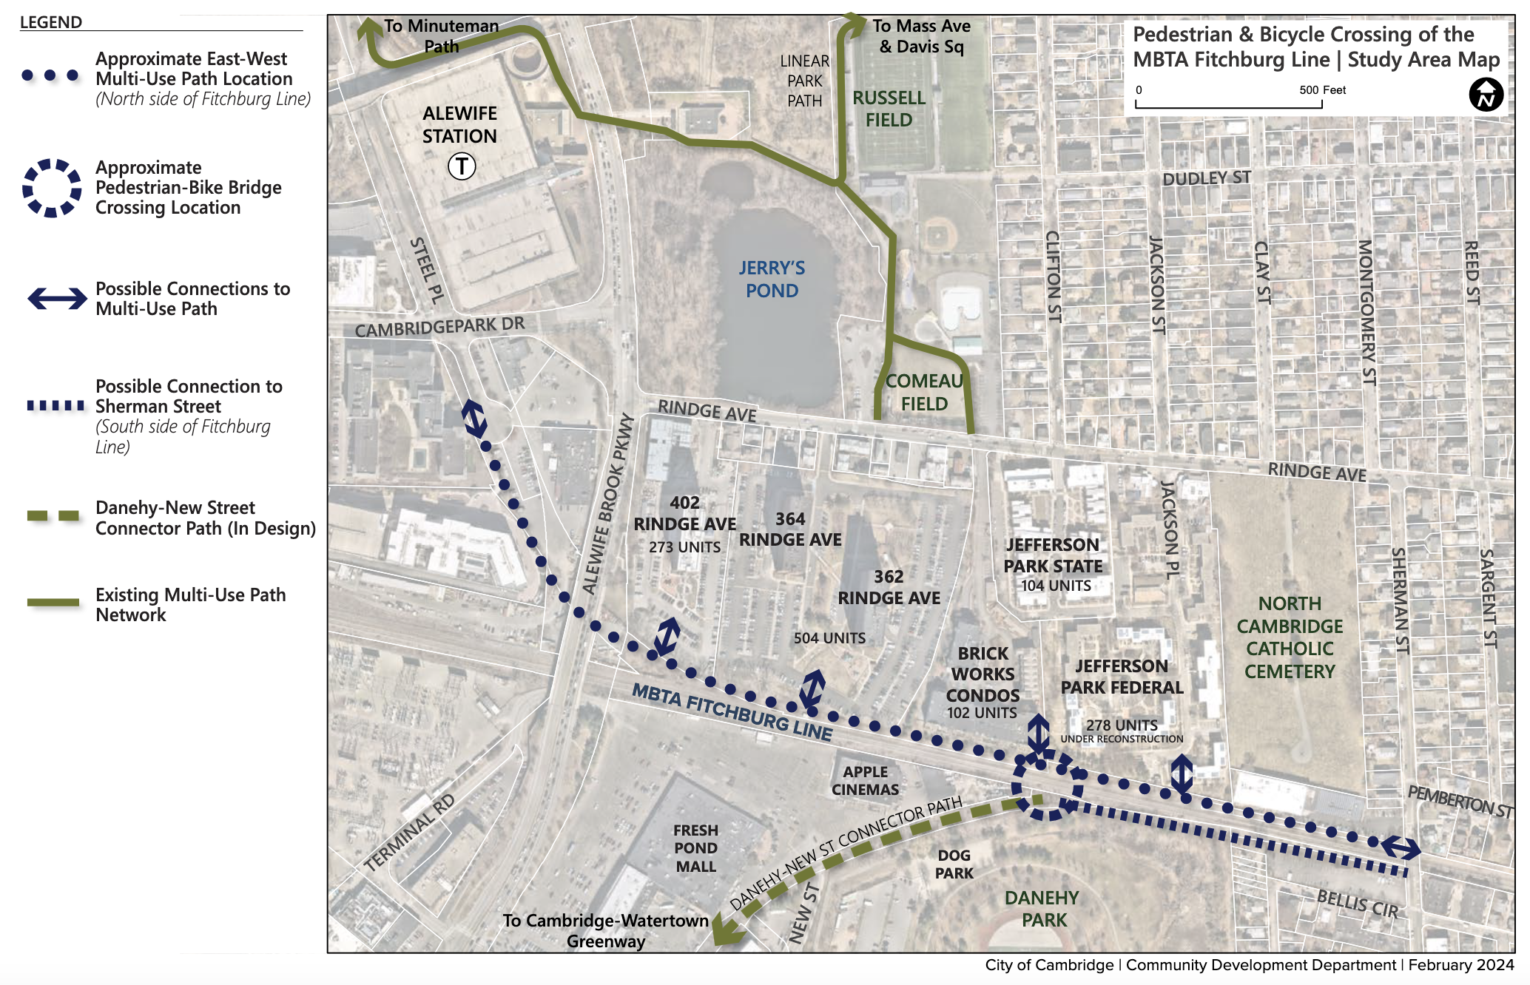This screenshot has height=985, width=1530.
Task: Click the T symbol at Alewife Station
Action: tap(462, 166)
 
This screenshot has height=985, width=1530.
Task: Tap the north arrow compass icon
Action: tap(1486, 95)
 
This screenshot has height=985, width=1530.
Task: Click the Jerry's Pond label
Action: tap(772, 279)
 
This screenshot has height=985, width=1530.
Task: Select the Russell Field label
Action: tap(889, 109)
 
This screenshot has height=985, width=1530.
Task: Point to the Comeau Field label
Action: tap(924, 392)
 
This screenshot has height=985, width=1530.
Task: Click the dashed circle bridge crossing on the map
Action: tap(1046, 785)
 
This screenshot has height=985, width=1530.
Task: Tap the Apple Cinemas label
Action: tap(865, 780)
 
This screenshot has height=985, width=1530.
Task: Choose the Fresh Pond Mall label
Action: tap(695, 848)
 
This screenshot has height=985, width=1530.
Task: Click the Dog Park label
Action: tap(954, 864)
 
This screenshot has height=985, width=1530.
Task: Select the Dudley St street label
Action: tap(1206, 178)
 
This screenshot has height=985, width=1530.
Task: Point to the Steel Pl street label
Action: tap(427, 270)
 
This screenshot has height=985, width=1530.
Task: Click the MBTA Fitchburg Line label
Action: tap(732, 711)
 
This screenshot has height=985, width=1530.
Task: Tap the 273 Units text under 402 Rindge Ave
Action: tap(684, 547)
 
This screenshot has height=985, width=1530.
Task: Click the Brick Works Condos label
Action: tap(983, 674)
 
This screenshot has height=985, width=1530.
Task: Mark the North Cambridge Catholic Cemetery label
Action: tap(1290, 637)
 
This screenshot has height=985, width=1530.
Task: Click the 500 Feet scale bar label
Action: tap(1322, 90)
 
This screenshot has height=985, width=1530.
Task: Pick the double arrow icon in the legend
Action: tap(57, 299)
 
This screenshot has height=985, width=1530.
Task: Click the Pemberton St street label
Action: tap(1459, 802)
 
